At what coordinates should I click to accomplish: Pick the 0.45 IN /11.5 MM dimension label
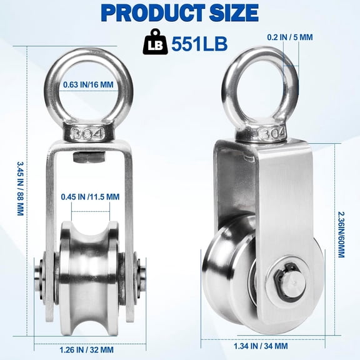point(90,197)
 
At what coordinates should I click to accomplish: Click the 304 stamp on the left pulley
point(90,116)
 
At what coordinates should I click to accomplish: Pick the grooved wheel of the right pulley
point(231,275)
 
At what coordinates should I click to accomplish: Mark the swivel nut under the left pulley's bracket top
point(83,140)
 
